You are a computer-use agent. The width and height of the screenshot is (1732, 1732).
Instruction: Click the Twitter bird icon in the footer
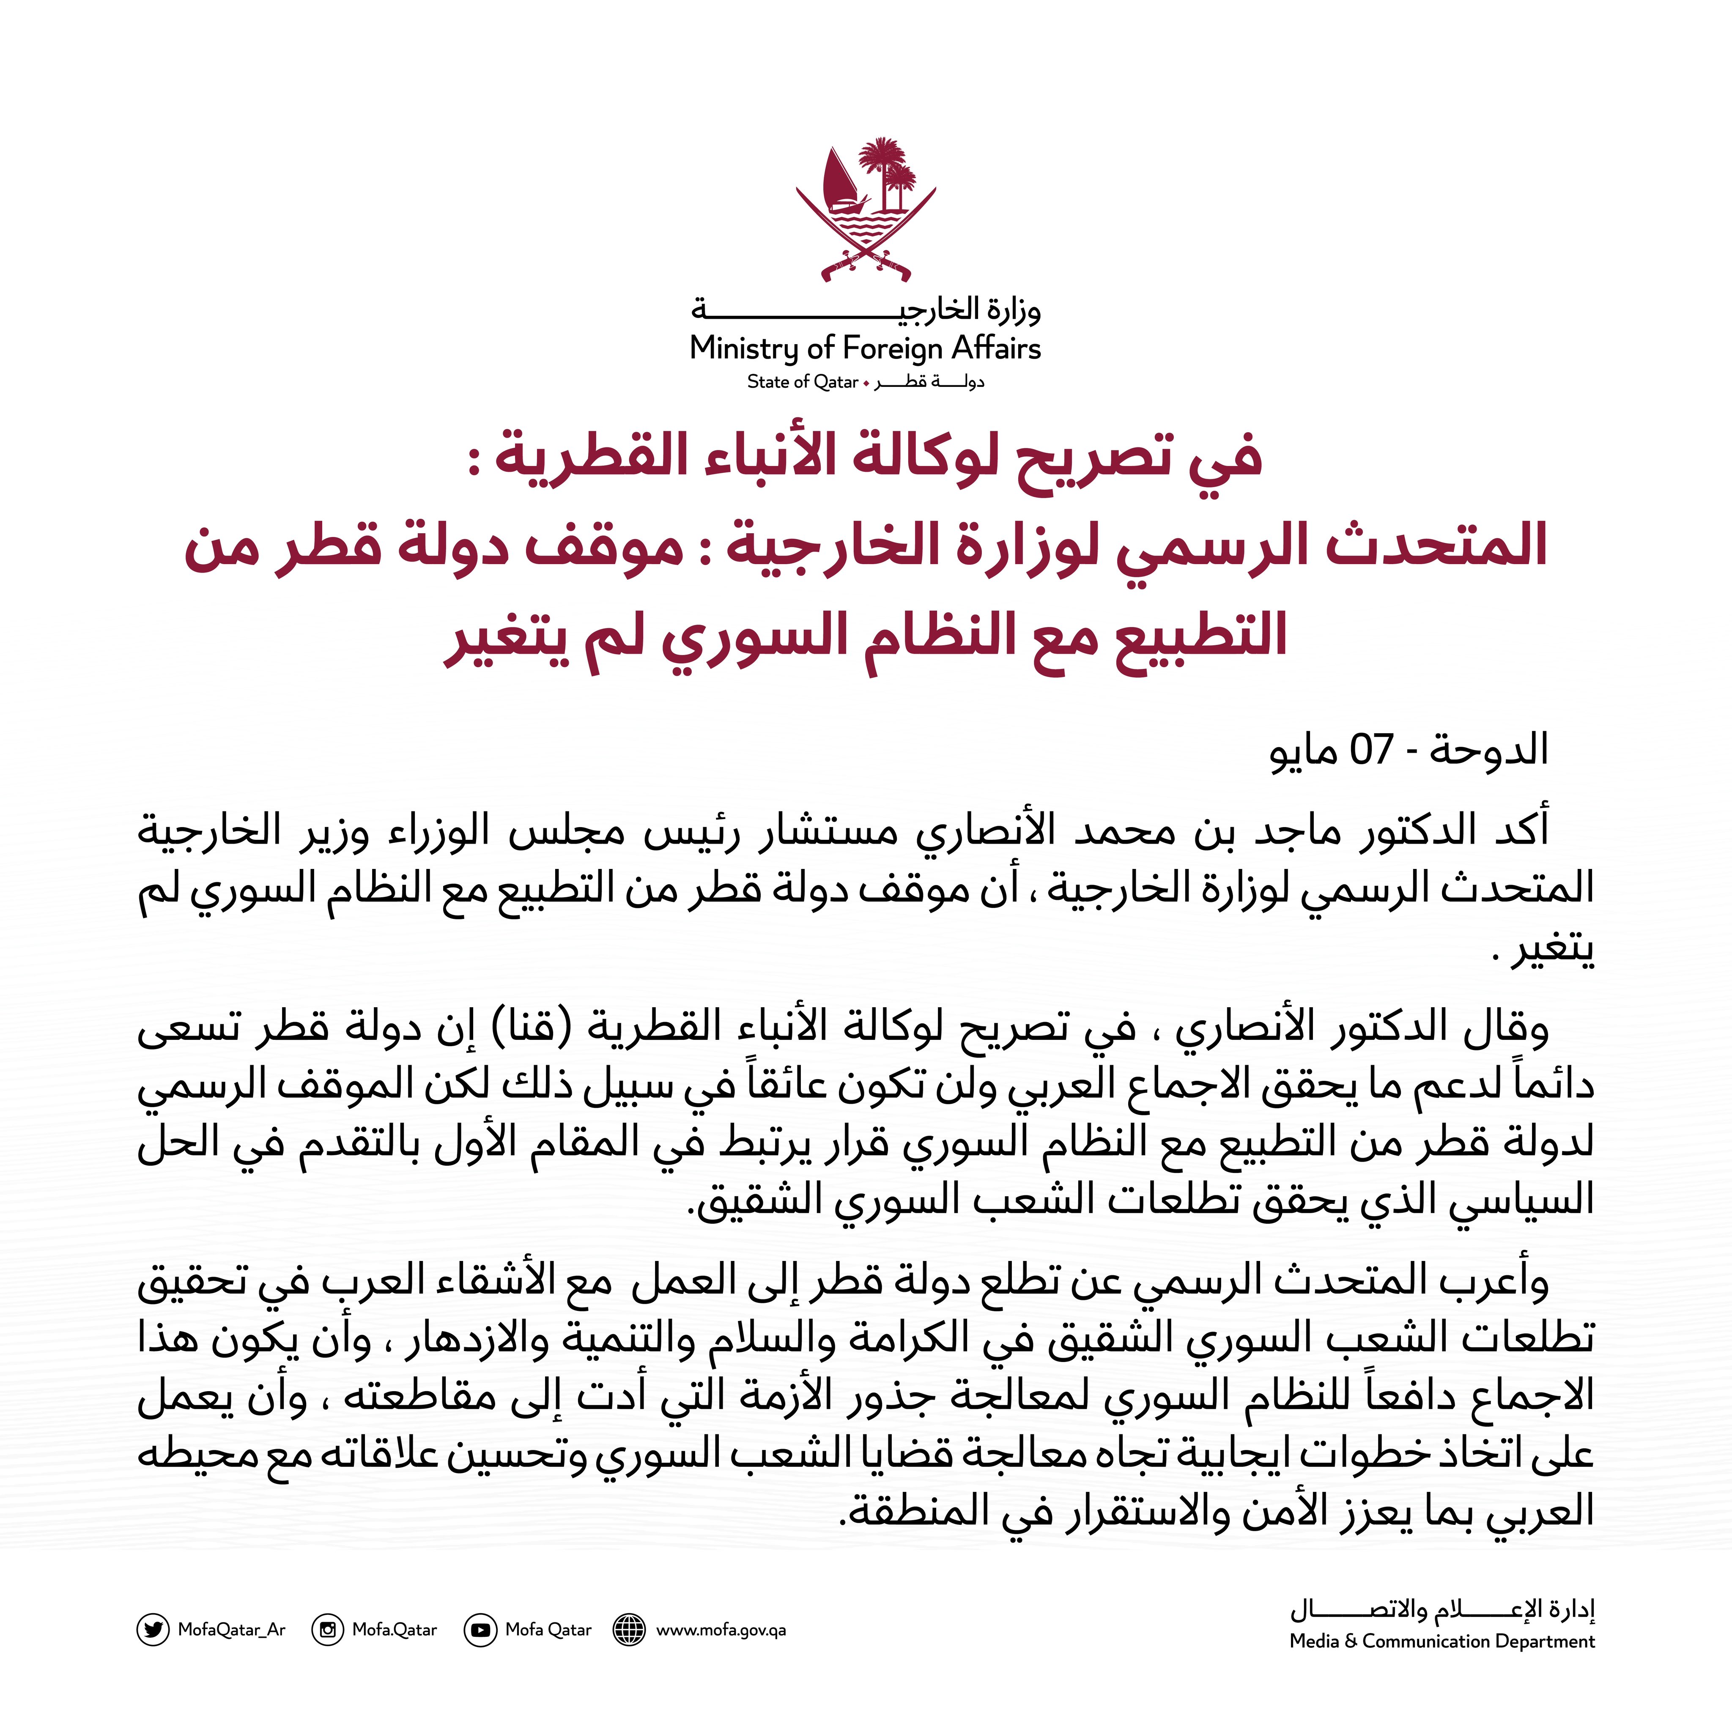pos(152,1629)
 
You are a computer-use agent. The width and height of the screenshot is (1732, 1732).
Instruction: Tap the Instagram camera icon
pos(327,1629)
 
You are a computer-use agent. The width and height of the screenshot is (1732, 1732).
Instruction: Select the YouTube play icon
pos(480,1629)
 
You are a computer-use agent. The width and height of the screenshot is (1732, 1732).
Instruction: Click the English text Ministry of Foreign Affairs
pos(865,348)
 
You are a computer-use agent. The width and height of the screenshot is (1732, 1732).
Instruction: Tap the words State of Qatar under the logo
pos(802,382)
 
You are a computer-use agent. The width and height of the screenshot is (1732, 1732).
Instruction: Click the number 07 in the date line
pos(1372,749)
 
